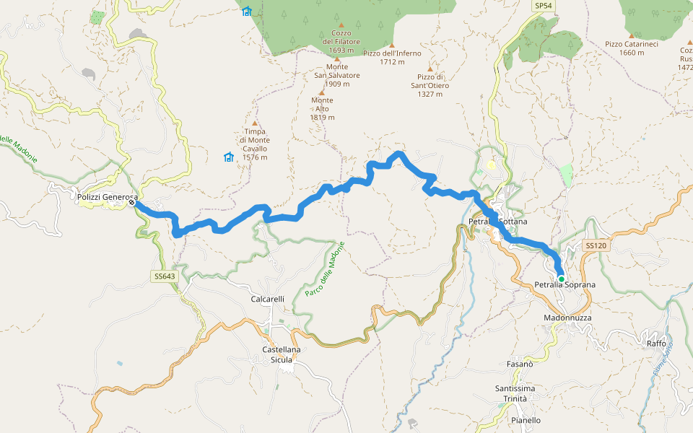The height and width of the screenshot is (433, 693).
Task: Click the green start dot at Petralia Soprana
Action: [x=561, y=279]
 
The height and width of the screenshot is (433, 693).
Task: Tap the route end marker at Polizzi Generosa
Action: [x=132, y=203]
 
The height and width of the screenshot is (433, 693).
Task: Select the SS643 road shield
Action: [x=165, y=276]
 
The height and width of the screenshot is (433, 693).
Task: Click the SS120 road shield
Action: [x=596, y=246]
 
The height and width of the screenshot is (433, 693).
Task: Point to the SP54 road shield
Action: [x=544, y=6]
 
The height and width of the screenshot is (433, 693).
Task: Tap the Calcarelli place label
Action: [x=268, y=299]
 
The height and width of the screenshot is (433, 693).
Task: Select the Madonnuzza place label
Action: [x=567, y=318]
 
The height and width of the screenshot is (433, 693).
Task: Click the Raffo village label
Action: [x=656, y=344]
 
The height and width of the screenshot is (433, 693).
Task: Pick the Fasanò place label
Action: [x=520, y=364]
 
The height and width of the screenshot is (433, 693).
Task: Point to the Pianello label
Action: [x=525, y=420]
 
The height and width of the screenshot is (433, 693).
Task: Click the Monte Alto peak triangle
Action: [x=322, y=91]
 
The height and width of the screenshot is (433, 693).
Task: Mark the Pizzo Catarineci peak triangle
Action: [x=632, y=35]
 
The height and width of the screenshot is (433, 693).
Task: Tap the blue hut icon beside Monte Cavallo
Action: [x=229, y=157]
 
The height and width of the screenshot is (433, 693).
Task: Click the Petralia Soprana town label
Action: [x=565, y=285]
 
